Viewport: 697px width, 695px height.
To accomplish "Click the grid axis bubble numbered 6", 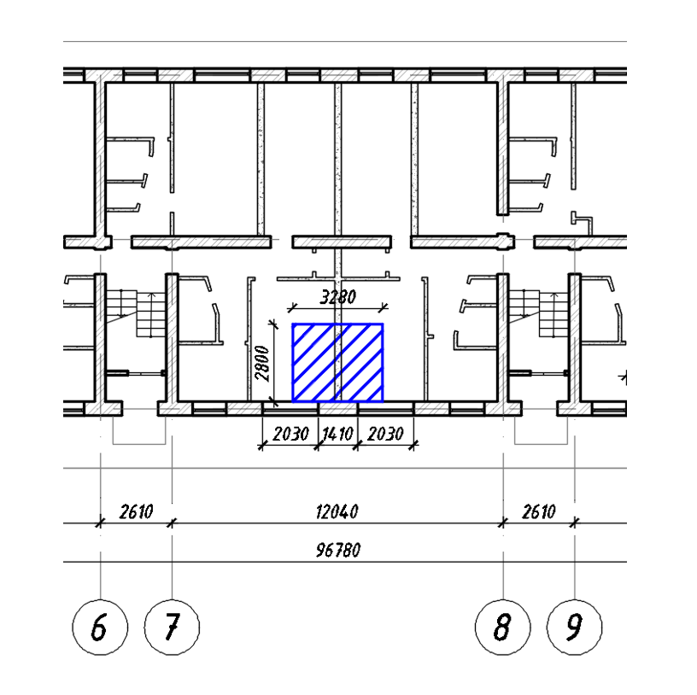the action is tap(100, 627).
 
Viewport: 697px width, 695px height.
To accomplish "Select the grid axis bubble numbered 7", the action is tap(172, 627).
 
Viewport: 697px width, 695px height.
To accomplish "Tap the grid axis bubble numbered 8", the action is tap(503, 627).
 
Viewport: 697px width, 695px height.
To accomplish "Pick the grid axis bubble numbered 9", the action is tap(574, 627).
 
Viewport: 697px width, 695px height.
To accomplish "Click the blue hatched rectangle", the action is tap(338, 363).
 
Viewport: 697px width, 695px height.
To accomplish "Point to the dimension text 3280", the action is tap(338, 297).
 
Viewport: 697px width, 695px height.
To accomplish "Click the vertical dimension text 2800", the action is tap(262, 364).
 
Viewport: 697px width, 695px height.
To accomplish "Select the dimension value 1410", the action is tap(337, 434).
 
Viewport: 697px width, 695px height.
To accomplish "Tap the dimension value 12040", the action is tap(337, 512).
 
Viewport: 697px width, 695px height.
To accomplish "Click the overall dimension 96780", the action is tap(338, 550).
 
